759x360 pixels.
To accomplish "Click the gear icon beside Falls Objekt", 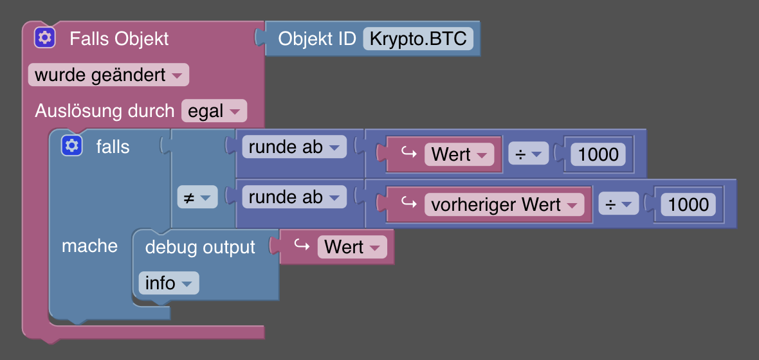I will pos(45,38).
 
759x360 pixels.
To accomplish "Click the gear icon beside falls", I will pos(72,146).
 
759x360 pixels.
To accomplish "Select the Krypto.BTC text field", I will pos(418,39).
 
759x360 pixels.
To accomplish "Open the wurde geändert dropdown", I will pos(108,75).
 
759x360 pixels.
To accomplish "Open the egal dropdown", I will pos(214,111).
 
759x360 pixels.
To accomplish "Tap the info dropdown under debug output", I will pos(169,283).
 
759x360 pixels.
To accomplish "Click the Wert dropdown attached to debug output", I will pos(352,247).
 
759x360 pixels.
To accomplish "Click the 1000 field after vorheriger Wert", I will pos(688,205).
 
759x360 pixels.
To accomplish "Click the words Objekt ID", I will pos(316,39).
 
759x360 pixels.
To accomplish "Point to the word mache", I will pos(89,246).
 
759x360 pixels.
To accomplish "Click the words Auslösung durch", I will pos(104,111).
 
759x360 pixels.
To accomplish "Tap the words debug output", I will pos(200,247).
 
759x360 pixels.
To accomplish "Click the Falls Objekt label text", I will pos(119,39).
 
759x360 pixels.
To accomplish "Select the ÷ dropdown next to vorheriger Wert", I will pos(617,205).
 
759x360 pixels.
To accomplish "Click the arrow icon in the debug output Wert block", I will pos(301,246).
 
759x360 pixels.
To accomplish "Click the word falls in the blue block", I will pos(113,147).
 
